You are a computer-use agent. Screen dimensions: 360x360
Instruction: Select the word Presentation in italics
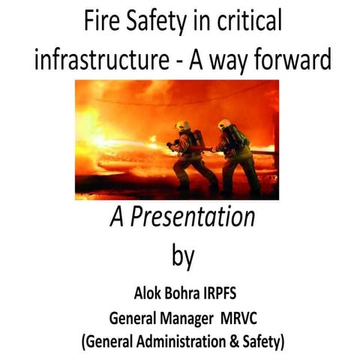point(192,218)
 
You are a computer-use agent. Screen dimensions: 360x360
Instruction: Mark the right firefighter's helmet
point(225,124)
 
